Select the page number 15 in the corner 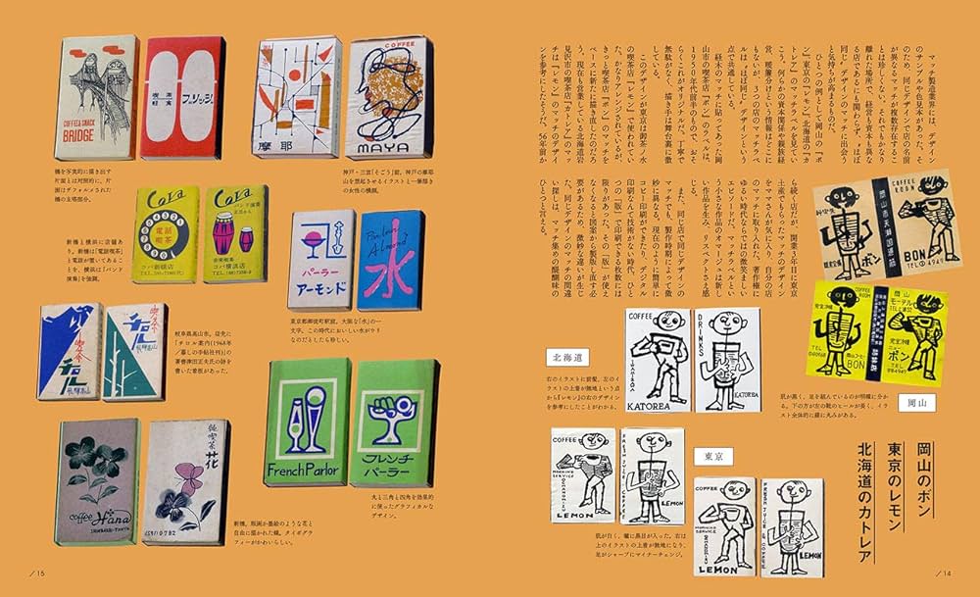(x=38, y=573)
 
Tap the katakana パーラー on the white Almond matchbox (x=319, y=278)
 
